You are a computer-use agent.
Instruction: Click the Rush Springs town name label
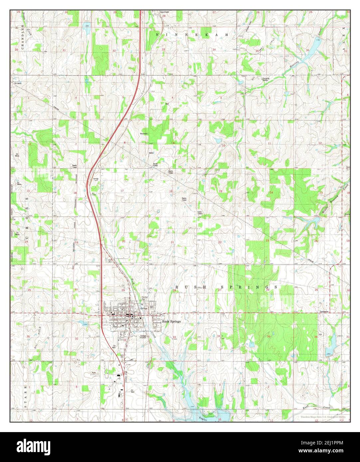(x=171, y=322)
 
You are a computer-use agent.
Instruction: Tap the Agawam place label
(x=164, y=12)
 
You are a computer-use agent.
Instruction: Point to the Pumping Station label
(x=265, y=79)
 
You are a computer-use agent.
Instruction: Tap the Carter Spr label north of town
(x=144, y=298)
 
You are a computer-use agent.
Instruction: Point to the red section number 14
(x=271, y=193)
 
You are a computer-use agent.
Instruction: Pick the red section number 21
(x=172, y=242)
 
